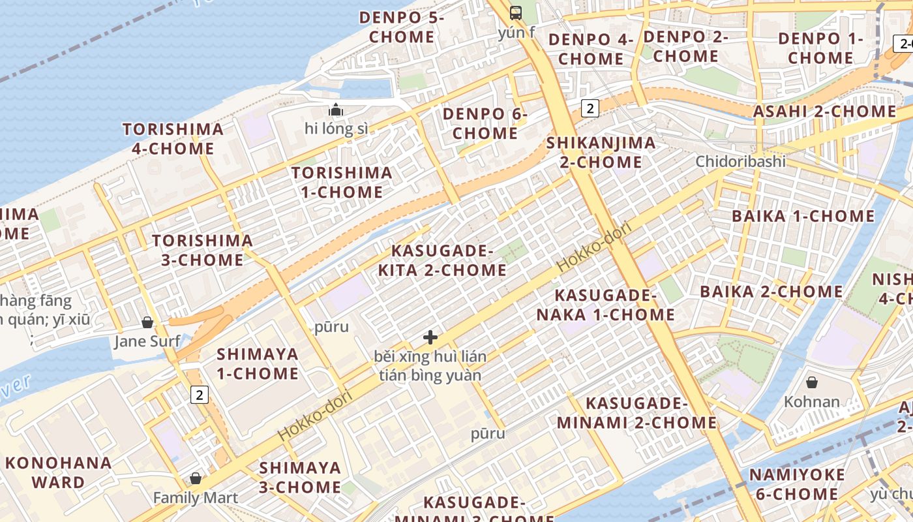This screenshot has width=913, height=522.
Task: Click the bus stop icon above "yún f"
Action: tap(516, 12)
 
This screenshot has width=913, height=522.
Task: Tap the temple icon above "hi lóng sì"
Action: tap(336, 110)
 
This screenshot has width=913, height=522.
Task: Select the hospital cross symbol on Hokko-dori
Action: tap(430, 337)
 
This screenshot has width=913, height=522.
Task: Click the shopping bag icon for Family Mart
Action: tap(195, 479)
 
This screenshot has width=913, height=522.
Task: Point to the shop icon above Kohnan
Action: tap(812, 382)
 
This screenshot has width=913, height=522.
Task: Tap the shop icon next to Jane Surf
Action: tap(147, 322)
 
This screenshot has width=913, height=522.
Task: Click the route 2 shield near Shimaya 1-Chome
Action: tap(200, 394)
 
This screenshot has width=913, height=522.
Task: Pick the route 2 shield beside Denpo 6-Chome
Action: tap(590, 108)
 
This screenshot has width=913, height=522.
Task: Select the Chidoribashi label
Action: tap(740, 161)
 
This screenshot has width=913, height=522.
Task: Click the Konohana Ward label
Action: tap(58, 472)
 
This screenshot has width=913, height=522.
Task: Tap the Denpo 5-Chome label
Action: tap(402, 27)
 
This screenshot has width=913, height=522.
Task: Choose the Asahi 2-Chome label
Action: tap(825, 112)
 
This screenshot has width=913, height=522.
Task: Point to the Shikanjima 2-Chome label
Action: tap(601, 152)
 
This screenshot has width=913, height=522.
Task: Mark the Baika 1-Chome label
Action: tap(803, 216)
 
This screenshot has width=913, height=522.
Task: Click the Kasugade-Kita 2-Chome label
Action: tap(449, 260)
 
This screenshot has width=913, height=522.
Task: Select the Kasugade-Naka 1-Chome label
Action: tap(605, 305)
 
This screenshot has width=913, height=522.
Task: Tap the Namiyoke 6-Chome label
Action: tap(797, 484)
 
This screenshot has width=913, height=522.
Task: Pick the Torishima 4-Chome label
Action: tap(173, 138)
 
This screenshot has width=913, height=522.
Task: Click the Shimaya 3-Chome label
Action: tap(300, 477)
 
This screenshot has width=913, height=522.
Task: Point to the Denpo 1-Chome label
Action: tap(820, 48)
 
